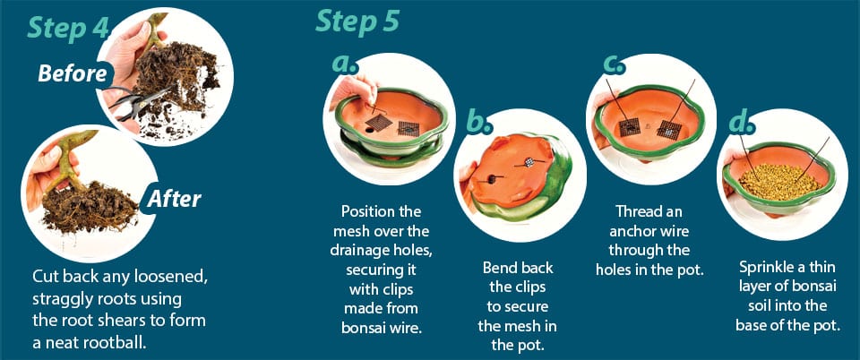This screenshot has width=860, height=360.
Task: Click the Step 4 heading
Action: (67, 27)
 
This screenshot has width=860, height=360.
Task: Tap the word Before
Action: (73, 73)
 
